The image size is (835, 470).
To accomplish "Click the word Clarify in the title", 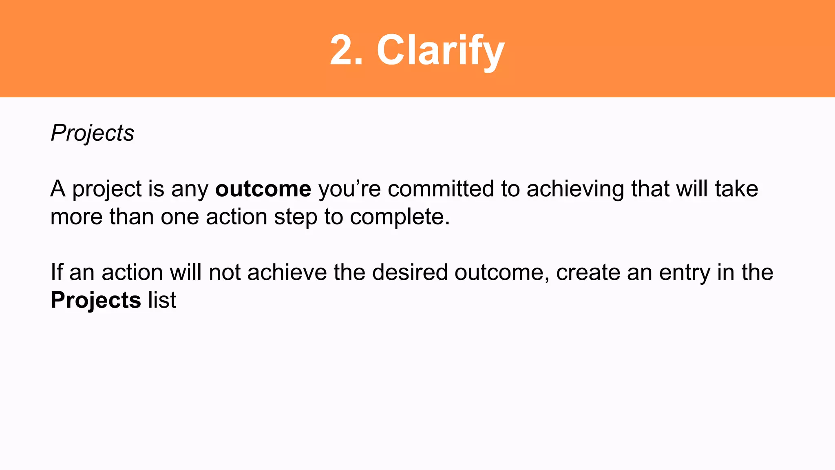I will click(x=440, y=51).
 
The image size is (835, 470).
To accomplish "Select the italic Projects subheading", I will click(x=93, y=133).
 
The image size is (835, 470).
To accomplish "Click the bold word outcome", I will click(x=263, y=189).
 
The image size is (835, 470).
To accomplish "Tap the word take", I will click(x=736, y=189).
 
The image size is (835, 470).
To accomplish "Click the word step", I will click(x=296, y=217).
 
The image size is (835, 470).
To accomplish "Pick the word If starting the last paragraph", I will click(x=57, y=273).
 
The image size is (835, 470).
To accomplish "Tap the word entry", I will click(x=685, y=273).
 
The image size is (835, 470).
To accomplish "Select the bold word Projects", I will click(x=96, y=301).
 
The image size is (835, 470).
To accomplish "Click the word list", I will click(x=162, y=301).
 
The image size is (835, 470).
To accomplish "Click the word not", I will click(x=224, y=273).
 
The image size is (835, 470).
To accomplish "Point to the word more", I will click(x=76, y=217).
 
